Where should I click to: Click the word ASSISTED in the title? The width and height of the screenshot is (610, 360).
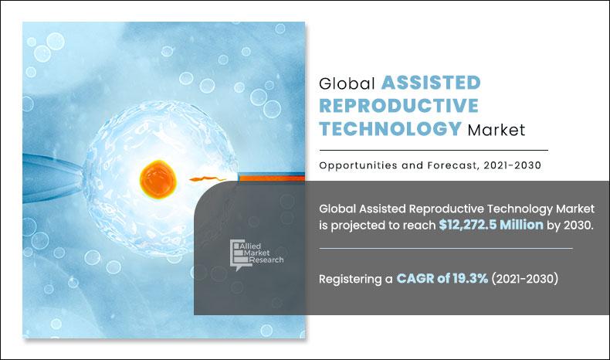(430, 83)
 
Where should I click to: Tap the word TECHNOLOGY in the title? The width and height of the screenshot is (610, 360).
(391, 129)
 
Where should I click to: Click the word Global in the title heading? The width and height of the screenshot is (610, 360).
(346, 83)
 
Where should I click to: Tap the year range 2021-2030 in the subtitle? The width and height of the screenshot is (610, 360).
(506, 165)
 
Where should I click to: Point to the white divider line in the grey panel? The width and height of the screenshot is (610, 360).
(446, 249)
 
